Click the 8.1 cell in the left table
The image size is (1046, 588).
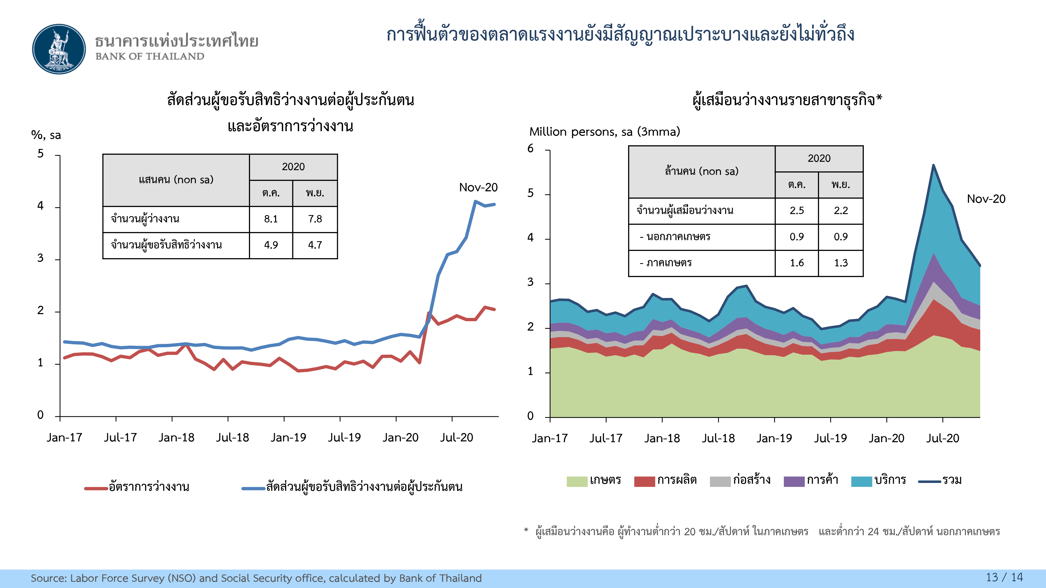coord(271,219)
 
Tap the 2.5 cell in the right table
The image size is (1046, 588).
coord(797,211)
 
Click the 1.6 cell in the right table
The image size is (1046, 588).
coord(797,263)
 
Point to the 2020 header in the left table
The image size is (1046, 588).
coord(293,167)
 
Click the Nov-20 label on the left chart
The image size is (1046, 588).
coord(478,187)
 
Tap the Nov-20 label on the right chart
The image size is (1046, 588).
coord(986,199)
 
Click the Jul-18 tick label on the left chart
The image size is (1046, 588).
coord(232,437)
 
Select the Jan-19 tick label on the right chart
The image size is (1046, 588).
coord(774,438)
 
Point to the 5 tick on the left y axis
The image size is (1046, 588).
coord(41,154)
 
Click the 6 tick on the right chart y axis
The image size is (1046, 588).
coord(530,148)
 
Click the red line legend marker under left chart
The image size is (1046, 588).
coord(96,488)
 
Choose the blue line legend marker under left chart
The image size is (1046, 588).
coord(253,488)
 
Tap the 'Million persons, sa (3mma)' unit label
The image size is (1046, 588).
coord(604,132)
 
